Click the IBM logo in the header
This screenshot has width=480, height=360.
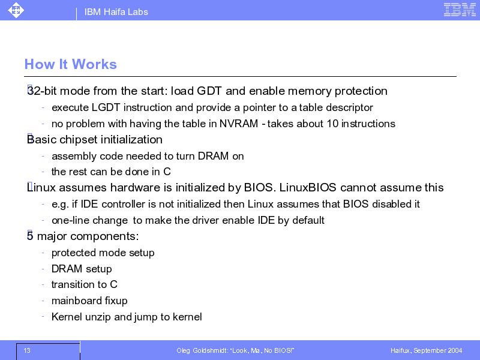460,10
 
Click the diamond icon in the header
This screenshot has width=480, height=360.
16,10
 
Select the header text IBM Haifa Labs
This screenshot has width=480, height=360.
116,12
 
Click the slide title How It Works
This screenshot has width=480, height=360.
71,64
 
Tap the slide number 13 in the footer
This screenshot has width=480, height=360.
27,350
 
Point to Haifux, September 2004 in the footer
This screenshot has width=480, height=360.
426,350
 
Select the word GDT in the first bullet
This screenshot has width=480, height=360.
209,91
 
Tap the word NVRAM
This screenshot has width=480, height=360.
239,124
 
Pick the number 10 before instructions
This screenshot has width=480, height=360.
332,124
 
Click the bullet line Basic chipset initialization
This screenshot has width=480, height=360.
95,140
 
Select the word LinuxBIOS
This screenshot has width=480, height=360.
308,187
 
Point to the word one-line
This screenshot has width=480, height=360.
70,220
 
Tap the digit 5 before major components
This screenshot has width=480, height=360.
29,236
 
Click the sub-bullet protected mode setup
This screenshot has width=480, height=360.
103,253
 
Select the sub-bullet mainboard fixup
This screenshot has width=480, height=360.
89,301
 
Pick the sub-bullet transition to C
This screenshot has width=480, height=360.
85,284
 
